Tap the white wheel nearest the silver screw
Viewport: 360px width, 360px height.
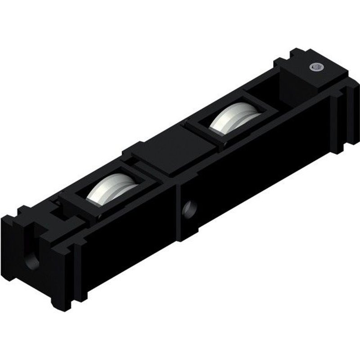[234, 119]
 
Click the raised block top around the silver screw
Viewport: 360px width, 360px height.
[310, 74]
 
